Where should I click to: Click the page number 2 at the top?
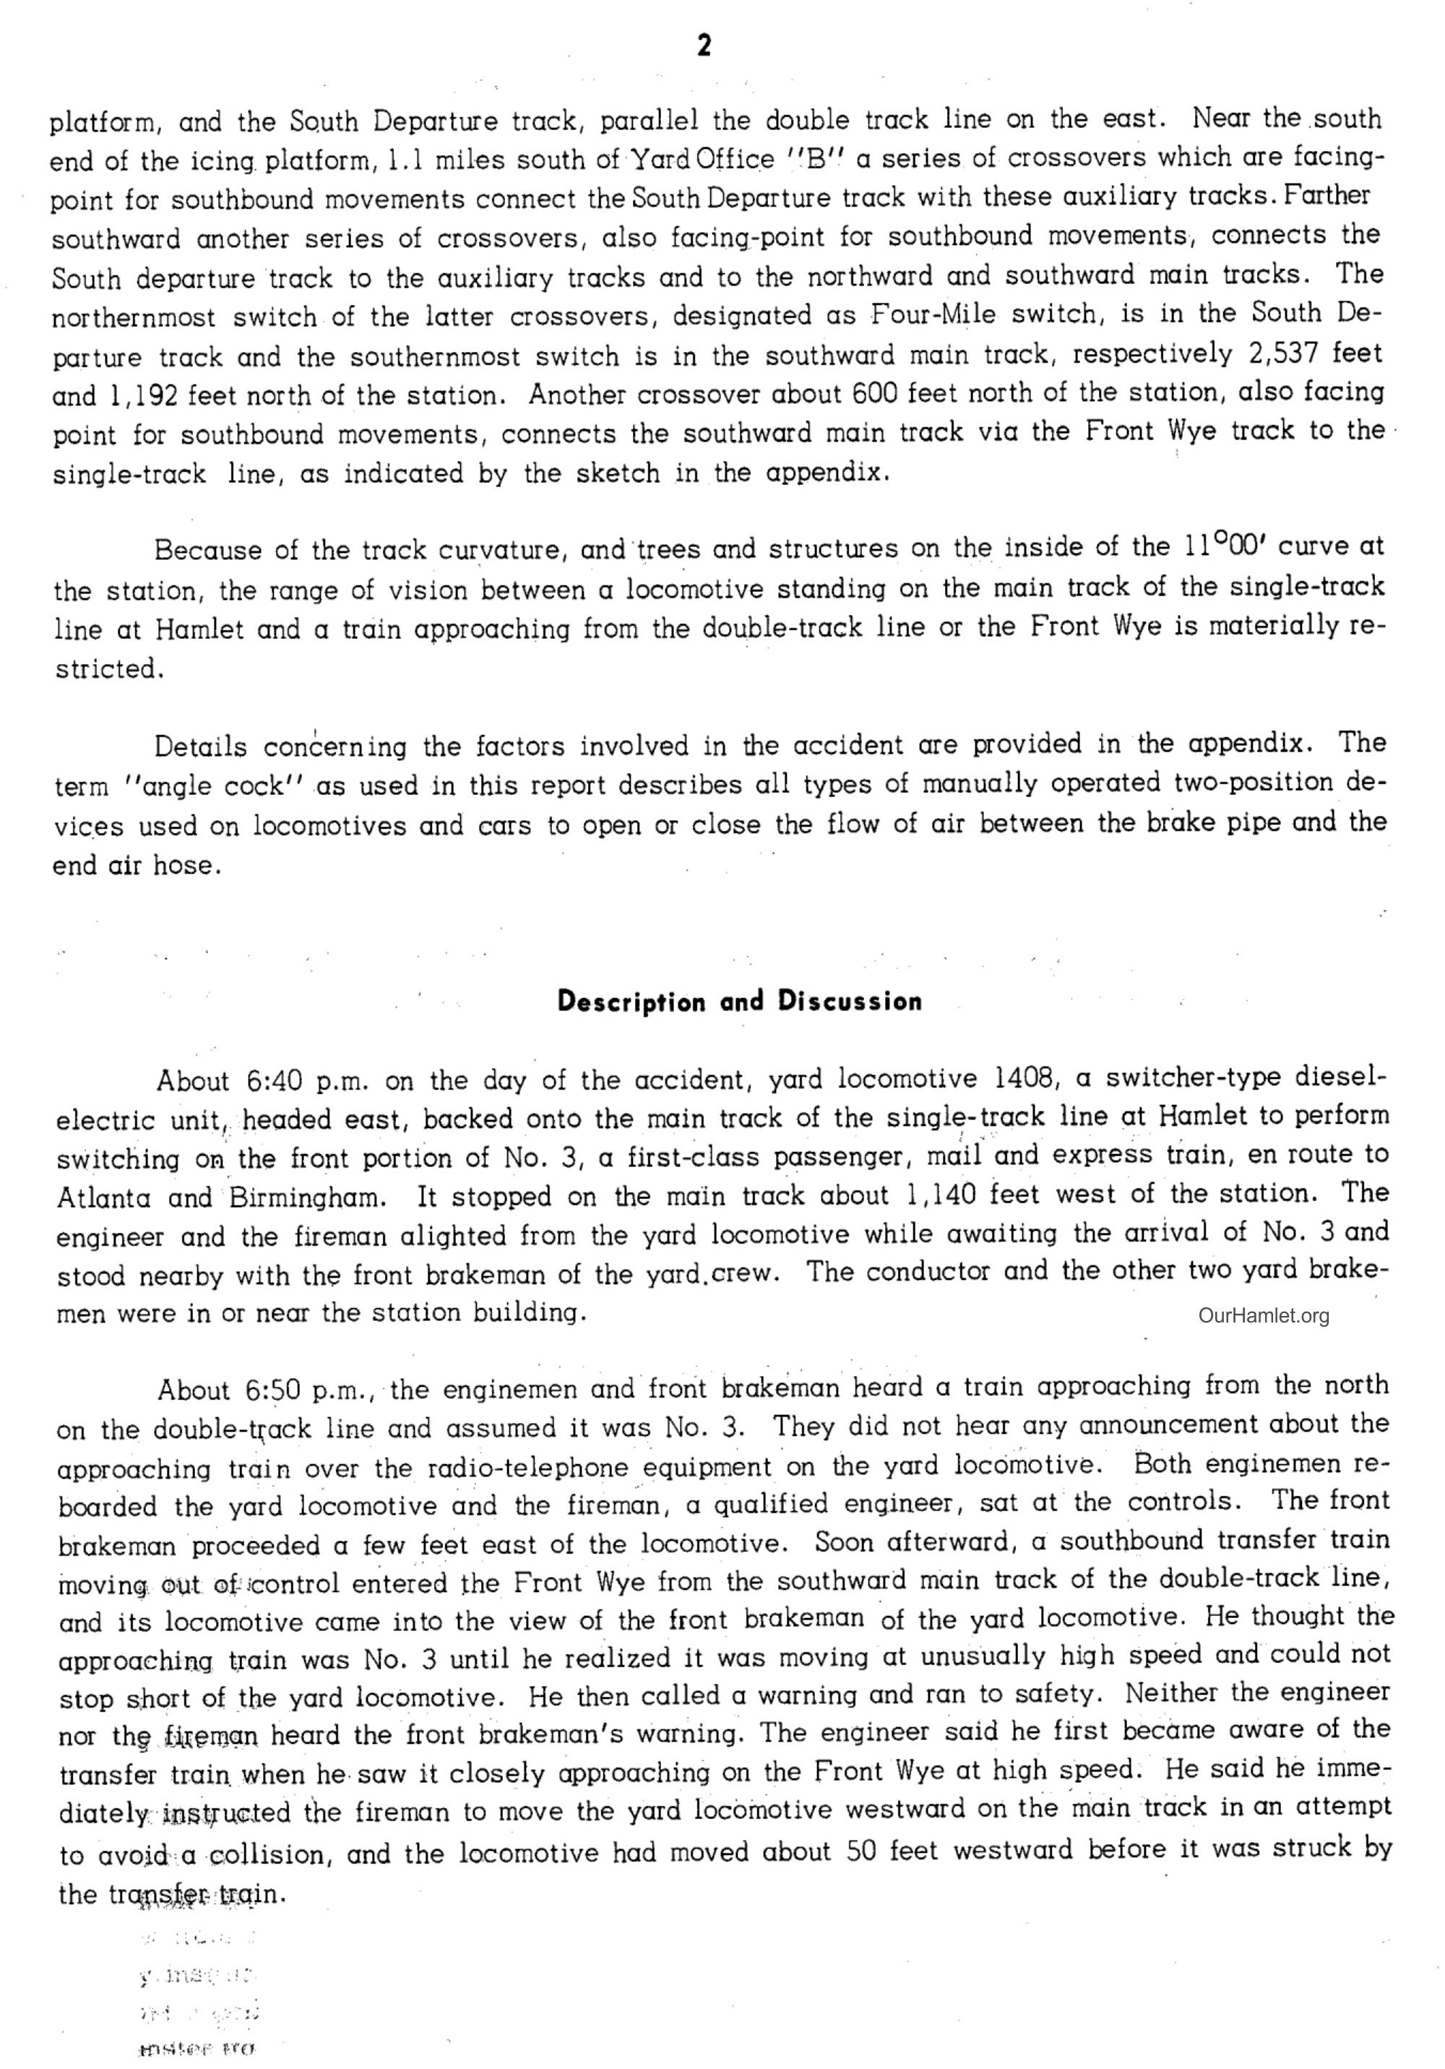coord(704,45)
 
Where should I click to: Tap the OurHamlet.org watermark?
coord(1263,1316)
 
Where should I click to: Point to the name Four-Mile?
coord(933,314)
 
